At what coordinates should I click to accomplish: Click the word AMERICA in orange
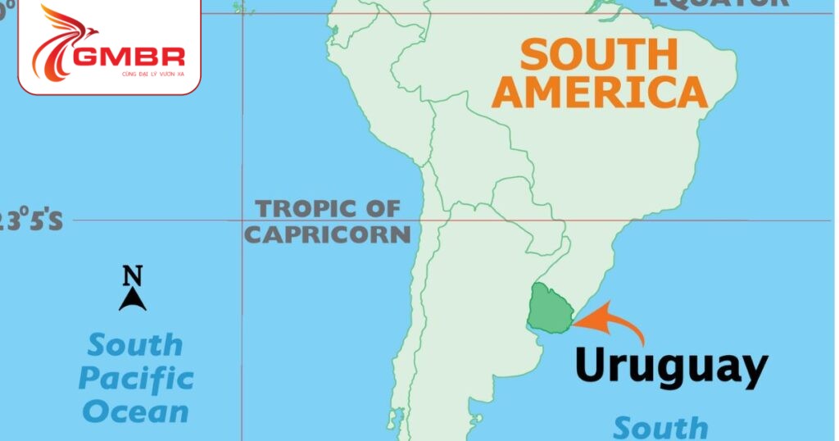[603, 92]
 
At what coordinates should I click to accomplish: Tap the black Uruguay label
[671, 366]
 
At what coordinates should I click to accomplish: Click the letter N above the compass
[133, 275]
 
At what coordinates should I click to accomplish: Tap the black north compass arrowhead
[133, 300]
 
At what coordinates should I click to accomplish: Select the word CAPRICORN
[328, 234]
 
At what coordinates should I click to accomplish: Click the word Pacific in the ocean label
[136, 379]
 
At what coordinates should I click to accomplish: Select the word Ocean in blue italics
[136, 411]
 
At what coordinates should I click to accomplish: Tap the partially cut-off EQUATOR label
[721, 3]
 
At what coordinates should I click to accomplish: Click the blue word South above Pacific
[136, 345]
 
